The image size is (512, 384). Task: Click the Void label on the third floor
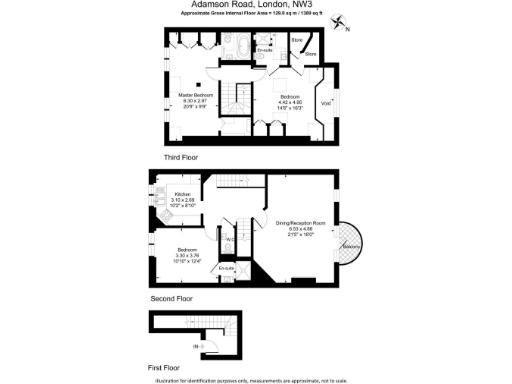[325, 103]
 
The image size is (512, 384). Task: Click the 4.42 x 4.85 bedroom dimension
[289, 101]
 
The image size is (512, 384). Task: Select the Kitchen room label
[183, 194]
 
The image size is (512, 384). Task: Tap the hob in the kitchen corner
[159, 213]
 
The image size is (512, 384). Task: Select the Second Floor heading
[170, 298]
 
